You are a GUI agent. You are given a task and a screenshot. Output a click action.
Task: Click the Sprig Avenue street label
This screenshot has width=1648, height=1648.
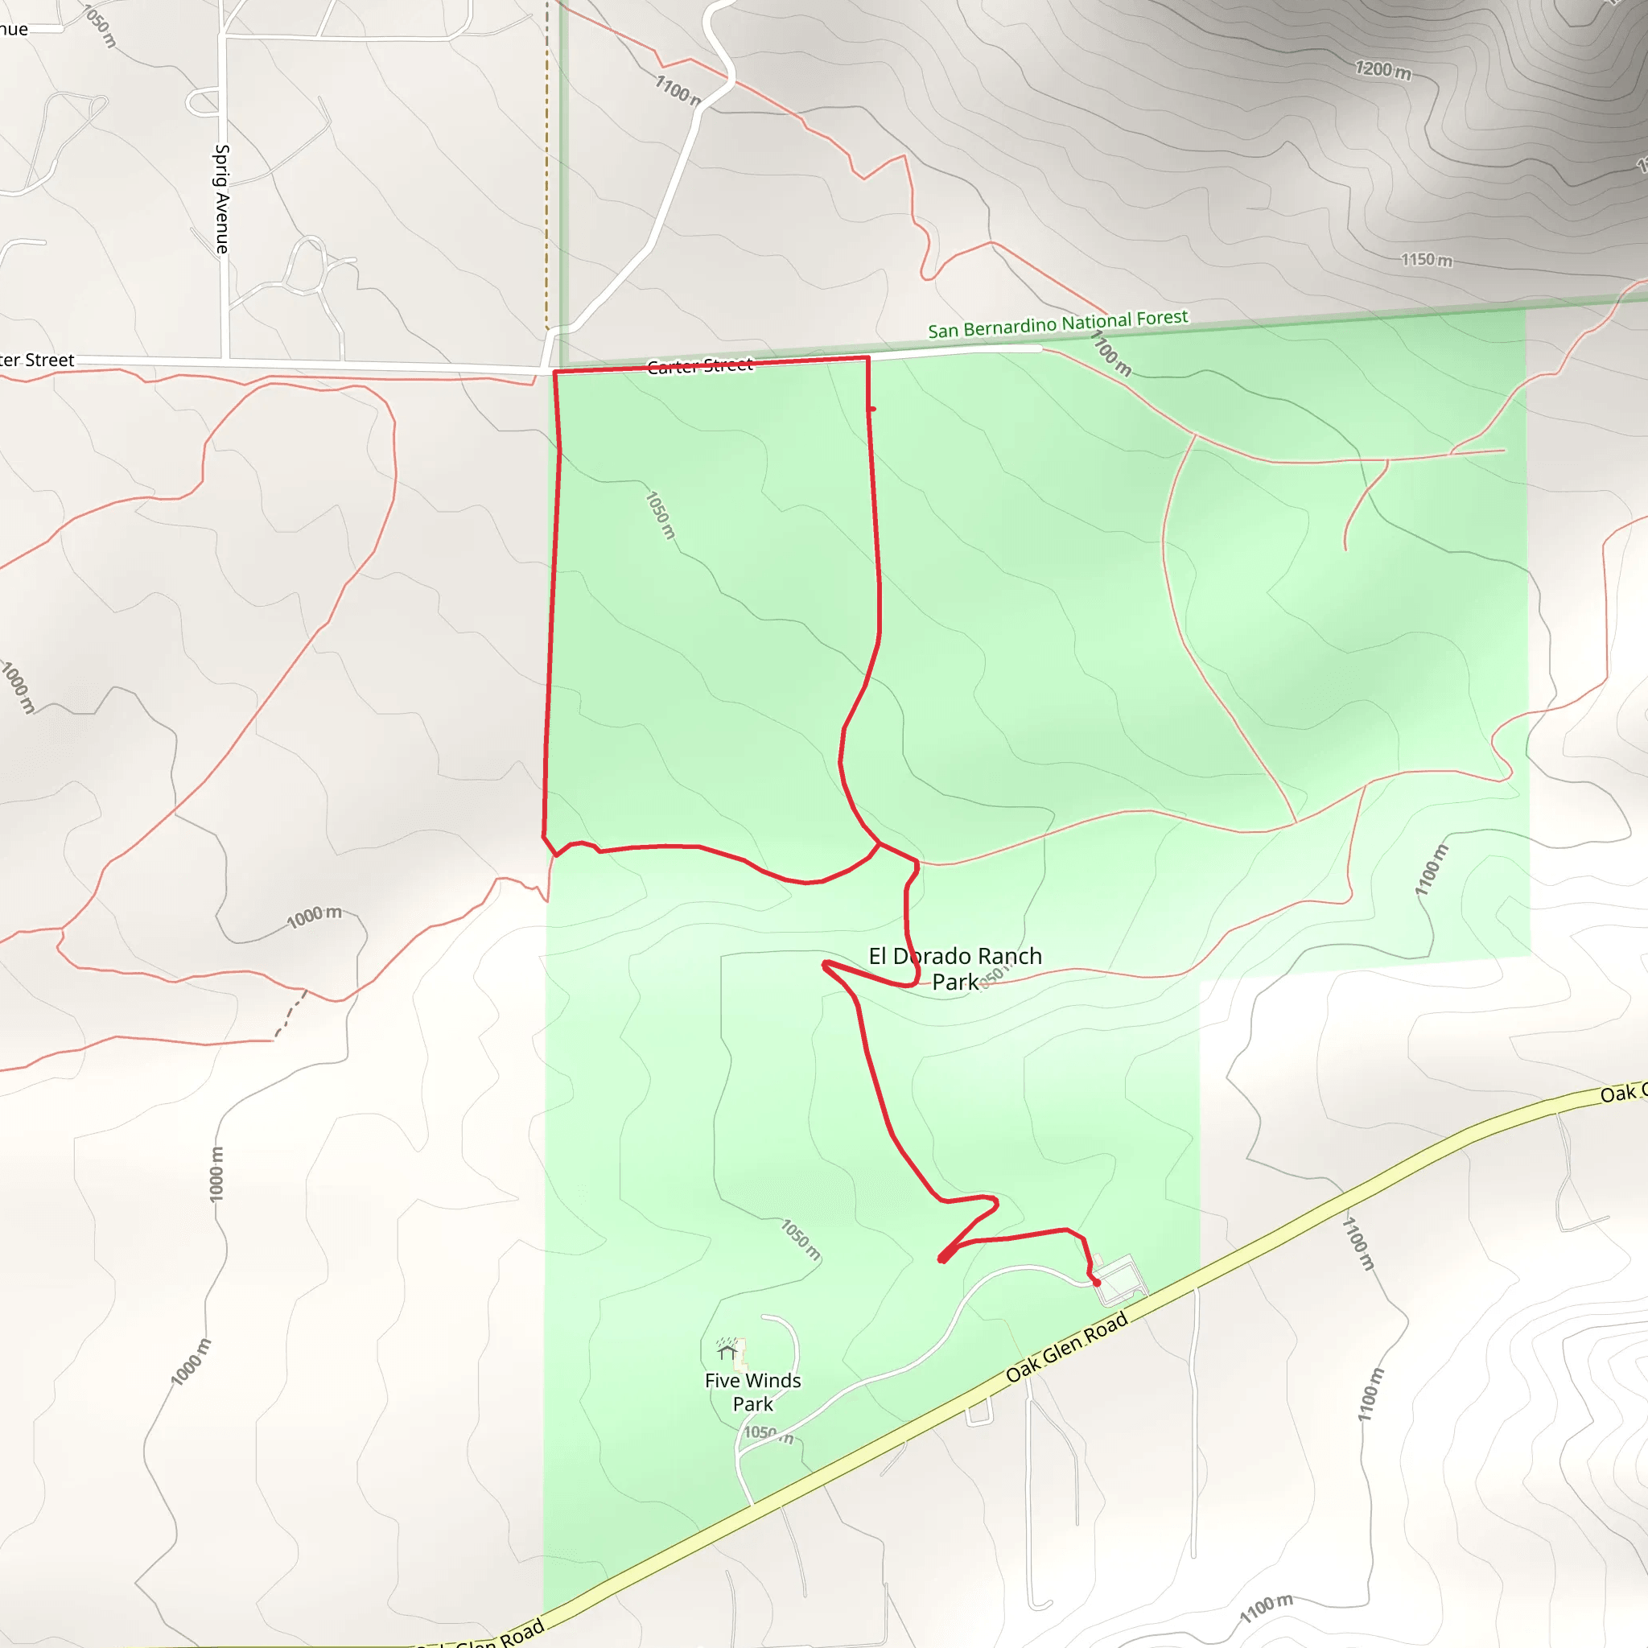(x=222, y=199)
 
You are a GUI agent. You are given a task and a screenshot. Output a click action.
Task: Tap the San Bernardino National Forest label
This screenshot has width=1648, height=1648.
(x=1057, y=324)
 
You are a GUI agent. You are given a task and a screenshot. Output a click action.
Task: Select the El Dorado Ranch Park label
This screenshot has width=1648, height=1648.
(x=954, y=968)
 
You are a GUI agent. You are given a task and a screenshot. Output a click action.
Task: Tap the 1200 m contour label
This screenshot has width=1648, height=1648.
(x=1382, y=70)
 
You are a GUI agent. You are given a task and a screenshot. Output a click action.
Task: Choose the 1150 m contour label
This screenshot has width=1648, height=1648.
(x=1426, y=259)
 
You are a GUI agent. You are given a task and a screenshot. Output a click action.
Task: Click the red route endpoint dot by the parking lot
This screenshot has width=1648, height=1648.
(x=1096, y=1282)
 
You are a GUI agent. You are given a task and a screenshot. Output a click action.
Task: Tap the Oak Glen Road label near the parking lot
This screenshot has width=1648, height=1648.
(x=1066, y=1347)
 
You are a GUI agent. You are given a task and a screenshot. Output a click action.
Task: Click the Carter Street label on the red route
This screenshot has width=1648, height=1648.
(x=699, y=366)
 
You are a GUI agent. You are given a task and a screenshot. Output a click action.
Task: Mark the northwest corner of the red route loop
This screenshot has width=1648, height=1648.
(x=555, y=373)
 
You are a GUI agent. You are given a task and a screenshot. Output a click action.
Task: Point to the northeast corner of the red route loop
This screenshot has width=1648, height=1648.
(x=867, y=358)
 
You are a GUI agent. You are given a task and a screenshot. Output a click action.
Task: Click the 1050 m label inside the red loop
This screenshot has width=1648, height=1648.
(x=659, y=514)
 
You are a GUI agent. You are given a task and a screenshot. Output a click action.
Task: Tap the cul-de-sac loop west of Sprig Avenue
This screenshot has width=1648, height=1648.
(x=202, y=101)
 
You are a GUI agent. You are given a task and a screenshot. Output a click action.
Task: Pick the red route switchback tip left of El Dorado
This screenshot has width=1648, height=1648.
(x=825, y=964)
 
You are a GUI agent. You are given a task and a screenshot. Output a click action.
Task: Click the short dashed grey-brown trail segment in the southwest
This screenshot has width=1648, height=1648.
(x=290, y=1015)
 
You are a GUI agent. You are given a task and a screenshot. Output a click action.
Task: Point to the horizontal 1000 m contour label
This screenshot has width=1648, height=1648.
(x=314, y=917)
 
